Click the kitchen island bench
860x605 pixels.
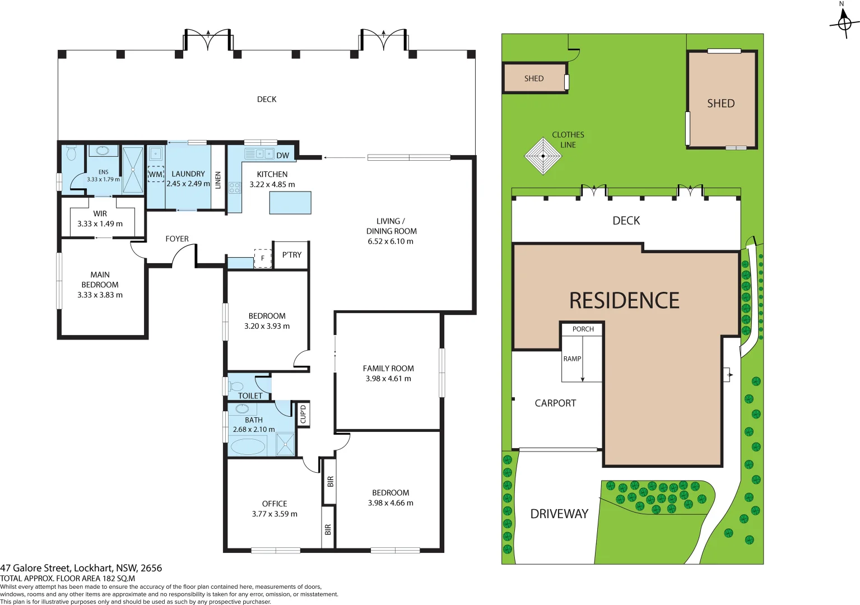click(290, 203)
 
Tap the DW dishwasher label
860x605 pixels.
click(283, 156)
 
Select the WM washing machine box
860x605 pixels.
click(156, 174)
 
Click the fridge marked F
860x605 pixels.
click(263, 258)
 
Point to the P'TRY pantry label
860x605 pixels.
click(292, 255)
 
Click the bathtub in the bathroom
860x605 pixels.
click(248, 446)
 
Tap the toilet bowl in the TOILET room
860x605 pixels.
click(237, 386)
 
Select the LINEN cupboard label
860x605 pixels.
click(219, 180)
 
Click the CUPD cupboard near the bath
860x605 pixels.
click(303, 415)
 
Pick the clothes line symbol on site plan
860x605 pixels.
click(543, 156)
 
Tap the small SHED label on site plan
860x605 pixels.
click(534, 78)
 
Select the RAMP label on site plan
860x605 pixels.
click(572, 359)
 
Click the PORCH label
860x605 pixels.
click(583, 329)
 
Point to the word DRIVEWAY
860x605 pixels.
click(559, 514)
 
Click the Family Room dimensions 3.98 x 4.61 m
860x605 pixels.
click(388, 379)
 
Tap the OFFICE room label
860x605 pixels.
click(275, 504)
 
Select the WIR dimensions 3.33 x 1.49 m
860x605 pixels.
click(100, 224)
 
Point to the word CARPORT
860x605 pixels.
click(555, 403)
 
